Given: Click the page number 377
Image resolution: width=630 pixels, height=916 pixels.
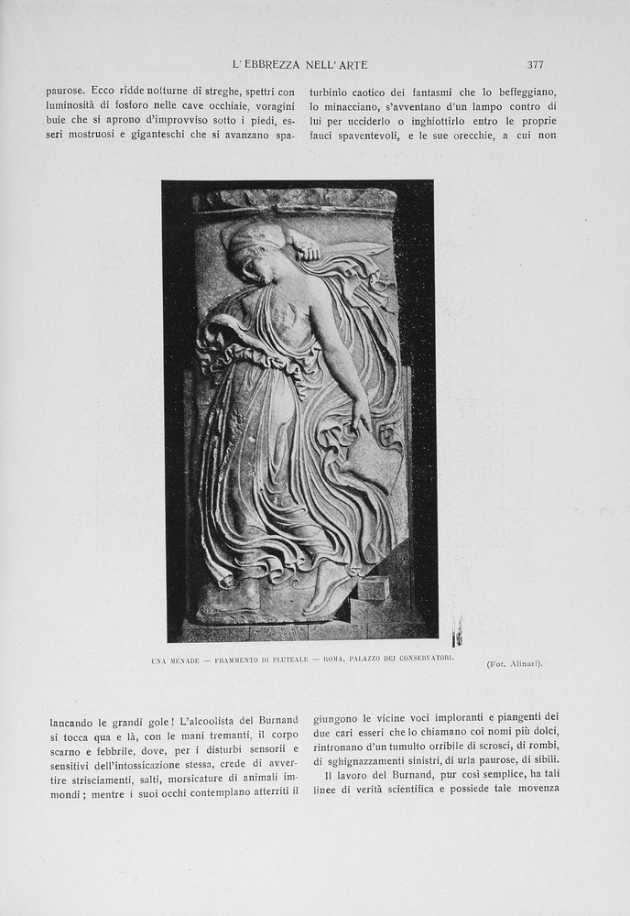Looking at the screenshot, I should pyautogui.click(x=536, y=64).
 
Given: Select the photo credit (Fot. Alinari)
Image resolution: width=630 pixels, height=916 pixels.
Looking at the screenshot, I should pyautogui.click(x=514, y=663).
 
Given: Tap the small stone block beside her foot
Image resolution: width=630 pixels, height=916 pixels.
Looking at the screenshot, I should pyautogui.click(x=373, y=587).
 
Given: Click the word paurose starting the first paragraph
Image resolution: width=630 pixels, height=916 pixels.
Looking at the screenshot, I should pyautogui.click(x=65, y=92).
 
